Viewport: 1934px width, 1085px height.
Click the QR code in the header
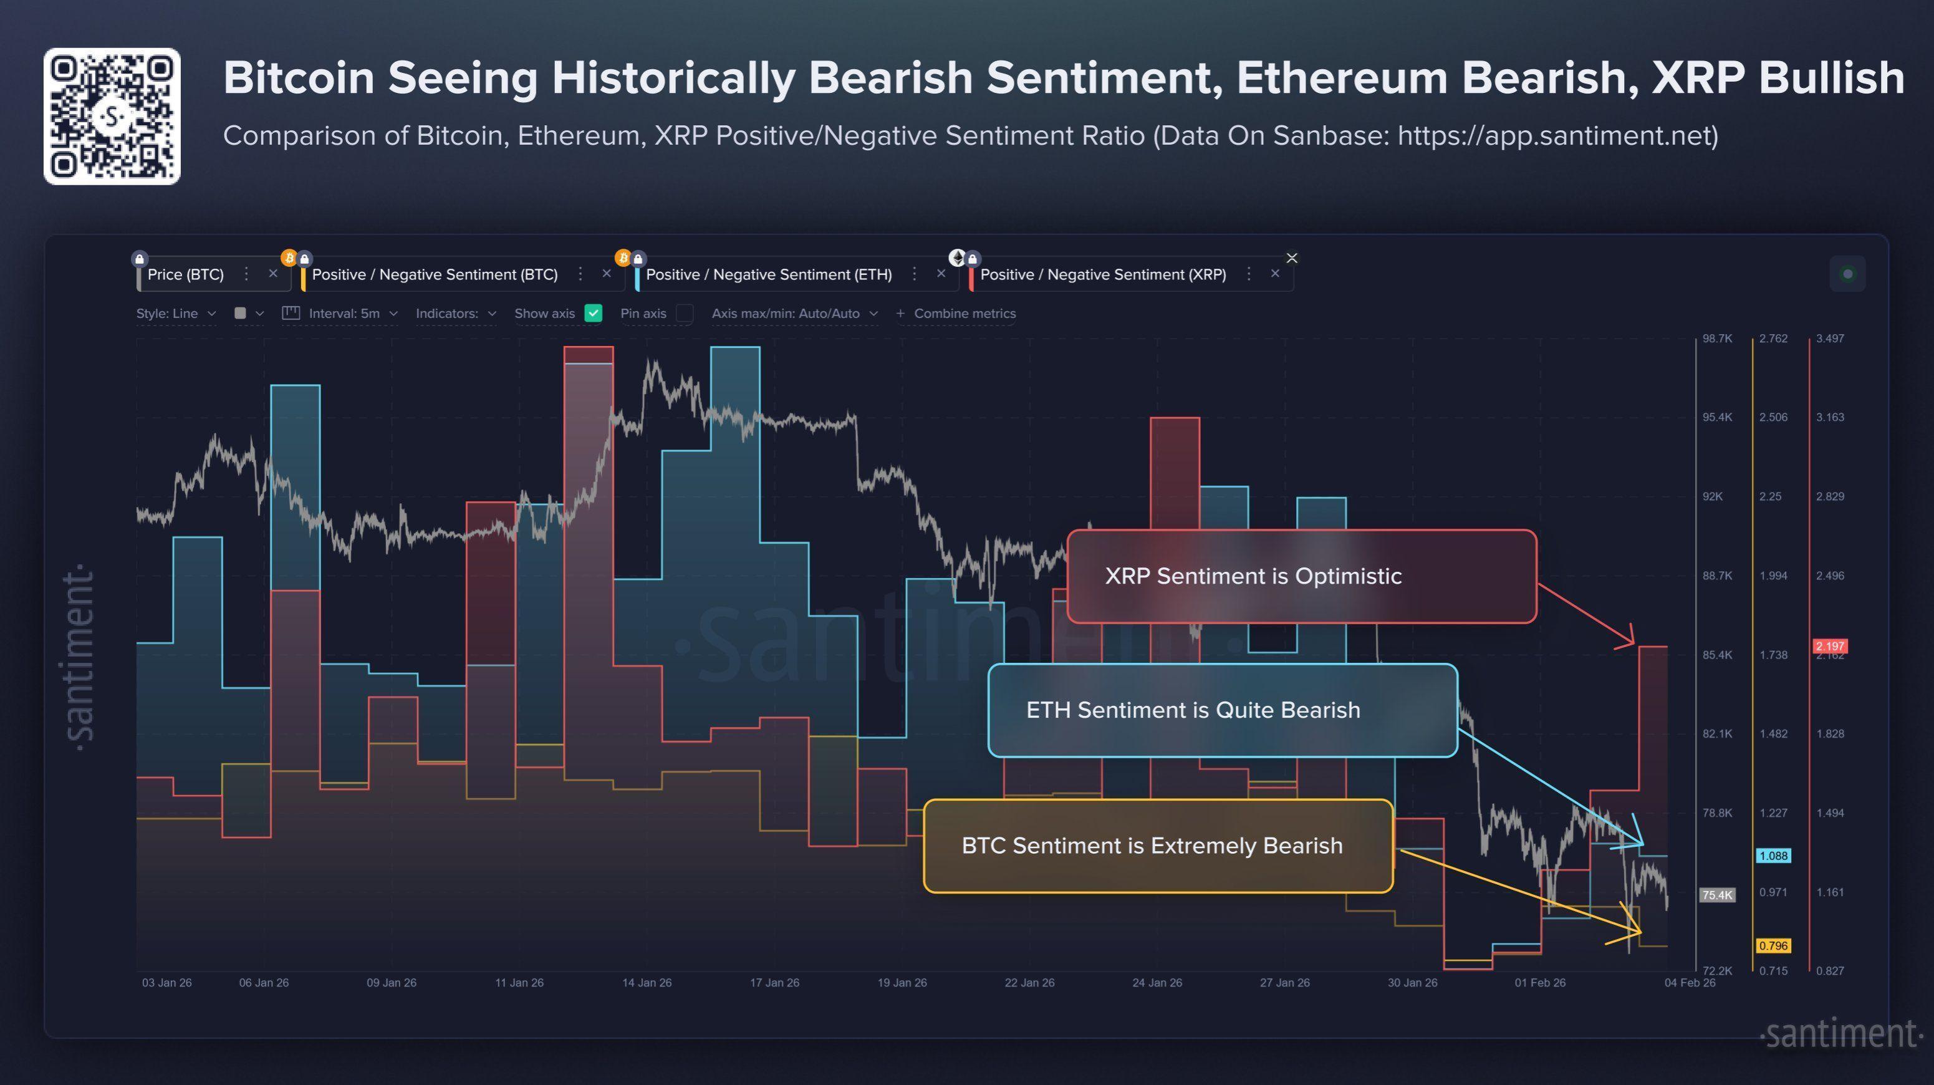tap(112, 117)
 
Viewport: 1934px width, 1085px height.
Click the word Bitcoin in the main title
tap(298, 78)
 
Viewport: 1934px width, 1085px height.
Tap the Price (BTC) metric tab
tap(185, 275)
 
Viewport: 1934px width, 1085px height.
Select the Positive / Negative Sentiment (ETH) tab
tap(768, 275)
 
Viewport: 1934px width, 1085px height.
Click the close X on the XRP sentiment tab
tap(1275, 274)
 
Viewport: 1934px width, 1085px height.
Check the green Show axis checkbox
tap(593, 314)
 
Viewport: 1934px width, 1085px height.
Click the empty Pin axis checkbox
tap(684, 314)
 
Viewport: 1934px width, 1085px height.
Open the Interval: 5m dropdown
tap(344, 314)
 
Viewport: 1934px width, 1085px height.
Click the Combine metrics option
tap(964, 314)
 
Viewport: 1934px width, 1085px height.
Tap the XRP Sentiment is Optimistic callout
tap(1301, 576)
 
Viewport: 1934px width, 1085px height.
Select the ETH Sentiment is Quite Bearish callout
tap(1222, 710)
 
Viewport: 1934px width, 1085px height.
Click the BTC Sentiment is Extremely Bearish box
tap(1158, 846)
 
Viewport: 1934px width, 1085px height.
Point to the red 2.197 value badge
tap(1830, 646)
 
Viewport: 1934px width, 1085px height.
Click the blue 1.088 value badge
tap(1773, 856)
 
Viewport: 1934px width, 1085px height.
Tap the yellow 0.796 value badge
tap(1773, 945)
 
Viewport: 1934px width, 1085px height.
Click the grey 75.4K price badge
tap(1717, 895)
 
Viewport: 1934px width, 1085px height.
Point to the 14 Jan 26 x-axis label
tap(647, 983)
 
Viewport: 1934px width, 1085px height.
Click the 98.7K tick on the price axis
tap(1716, 339)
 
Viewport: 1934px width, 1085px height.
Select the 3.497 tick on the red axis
tap(1830, 339)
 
